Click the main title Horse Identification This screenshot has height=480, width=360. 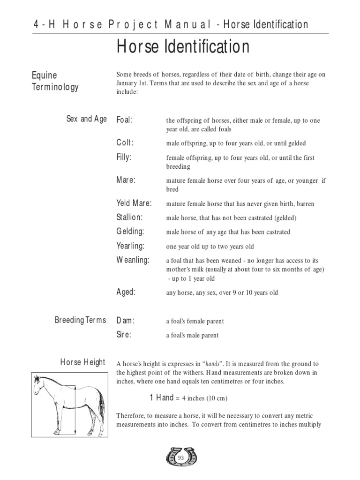point(183,47)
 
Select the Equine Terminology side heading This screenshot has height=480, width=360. point(55,81)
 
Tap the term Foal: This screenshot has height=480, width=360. point(124,120)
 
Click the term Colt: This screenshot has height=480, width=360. point(125,143)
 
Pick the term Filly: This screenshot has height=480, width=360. point(124,157)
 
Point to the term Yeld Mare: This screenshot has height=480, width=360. point(134,203)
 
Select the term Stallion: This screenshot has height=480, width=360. point(129,217)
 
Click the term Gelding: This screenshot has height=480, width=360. point(130,232)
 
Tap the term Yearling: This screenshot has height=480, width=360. point(131,246)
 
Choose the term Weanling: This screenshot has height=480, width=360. point(133,260)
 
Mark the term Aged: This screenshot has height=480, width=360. point(126,292)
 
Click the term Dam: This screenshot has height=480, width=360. point(125,321)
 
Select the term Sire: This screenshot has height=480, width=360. point(124,335)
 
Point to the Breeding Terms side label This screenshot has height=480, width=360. point(80,320)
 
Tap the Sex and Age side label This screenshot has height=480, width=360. point(87,119)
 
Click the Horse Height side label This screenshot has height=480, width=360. point(83,363)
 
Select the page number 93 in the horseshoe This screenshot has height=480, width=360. point(181,457)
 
